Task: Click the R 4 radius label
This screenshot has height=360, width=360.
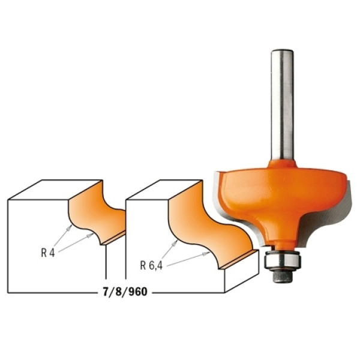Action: click(48, 253)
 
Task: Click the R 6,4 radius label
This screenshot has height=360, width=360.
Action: click(151, 266)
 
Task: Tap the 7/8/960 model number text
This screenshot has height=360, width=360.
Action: click(125, 292)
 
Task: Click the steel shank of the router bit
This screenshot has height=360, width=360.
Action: click(282, 104)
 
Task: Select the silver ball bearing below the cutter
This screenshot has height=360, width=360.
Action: click(282, 260)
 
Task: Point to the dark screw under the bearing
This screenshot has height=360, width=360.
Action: click(282, 275)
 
